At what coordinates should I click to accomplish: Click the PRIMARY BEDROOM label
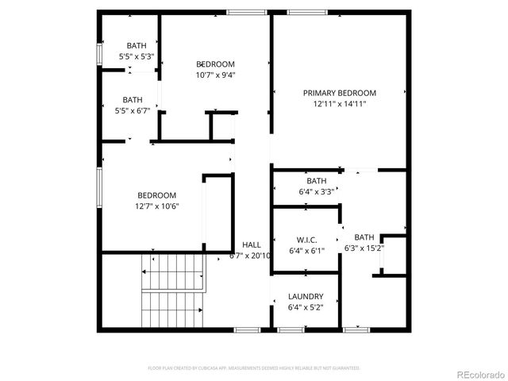click(339, 93)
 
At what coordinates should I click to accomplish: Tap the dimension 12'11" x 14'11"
click(339, 104)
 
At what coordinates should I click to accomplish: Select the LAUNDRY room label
click(305, 297)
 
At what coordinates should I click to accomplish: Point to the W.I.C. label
click(307, 240)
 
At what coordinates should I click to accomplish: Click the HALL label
click(251, 245)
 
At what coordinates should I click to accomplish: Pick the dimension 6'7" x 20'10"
click(250, 256)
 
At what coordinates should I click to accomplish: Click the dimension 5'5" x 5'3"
click(136, 57)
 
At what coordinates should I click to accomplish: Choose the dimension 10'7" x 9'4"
click(216, 75)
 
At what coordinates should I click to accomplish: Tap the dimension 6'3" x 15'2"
click(364, 248)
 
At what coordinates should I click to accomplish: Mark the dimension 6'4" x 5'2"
click(305, 307)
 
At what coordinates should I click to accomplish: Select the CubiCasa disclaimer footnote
click(254, 368)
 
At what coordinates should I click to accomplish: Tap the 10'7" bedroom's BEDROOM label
click(216, 64)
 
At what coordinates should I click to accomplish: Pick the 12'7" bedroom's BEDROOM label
click(156, 195)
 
